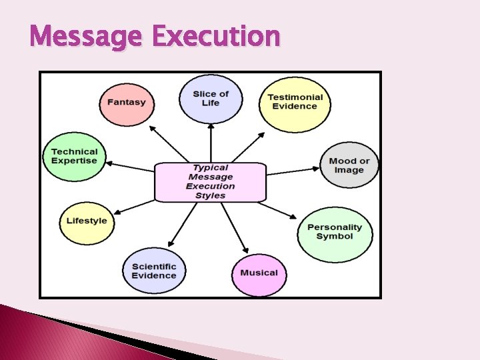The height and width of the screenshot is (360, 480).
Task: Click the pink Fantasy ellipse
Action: click(126, 102)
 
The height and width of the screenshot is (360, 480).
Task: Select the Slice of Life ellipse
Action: click(210, 98)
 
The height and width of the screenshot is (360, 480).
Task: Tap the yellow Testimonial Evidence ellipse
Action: click(294, 101)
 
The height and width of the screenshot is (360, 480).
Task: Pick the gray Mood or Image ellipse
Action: click(349, 165)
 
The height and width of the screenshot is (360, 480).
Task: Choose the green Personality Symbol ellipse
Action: click(334, 232)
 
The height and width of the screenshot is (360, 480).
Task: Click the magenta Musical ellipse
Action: click(259, 273)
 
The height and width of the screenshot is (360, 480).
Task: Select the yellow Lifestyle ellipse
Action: click(87, 221)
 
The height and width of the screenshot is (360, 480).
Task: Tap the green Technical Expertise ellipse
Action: click(74, 156)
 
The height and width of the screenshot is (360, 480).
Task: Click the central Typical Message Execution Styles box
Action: click(210, 181)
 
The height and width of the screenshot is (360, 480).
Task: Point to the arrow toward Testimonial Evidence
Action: click(248, 146)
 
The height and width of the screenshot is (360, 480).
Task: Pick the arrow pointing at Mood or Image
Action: click(293, 170)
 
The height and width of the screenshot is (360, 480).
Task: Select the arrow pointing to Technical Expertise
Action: click(130, 166)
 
